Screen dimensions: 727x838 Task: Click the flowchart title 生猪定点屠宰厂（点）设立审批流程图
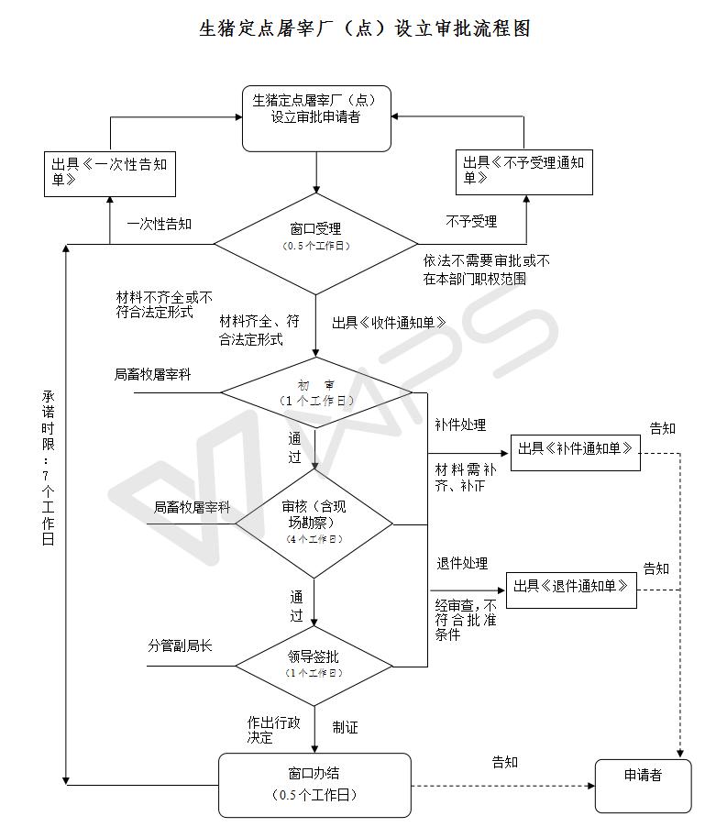(365, 28)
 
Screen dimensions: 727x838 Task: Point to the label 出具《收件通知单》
(389, 323)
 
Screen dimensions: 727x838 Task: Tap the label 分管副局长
(181, 645)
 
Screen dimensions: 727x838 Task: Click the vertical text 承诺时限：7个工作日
(48, 468)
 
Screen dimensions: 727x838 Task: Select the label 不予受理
(471, 221)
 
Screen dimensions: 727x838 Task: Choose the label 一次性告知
(160, 224)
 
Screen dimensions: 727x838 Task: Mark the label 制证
(346, 727)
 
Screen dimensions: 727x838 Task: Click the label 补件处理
(460, 425)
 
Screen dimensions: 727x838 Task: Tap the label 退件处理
(462, 563)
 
